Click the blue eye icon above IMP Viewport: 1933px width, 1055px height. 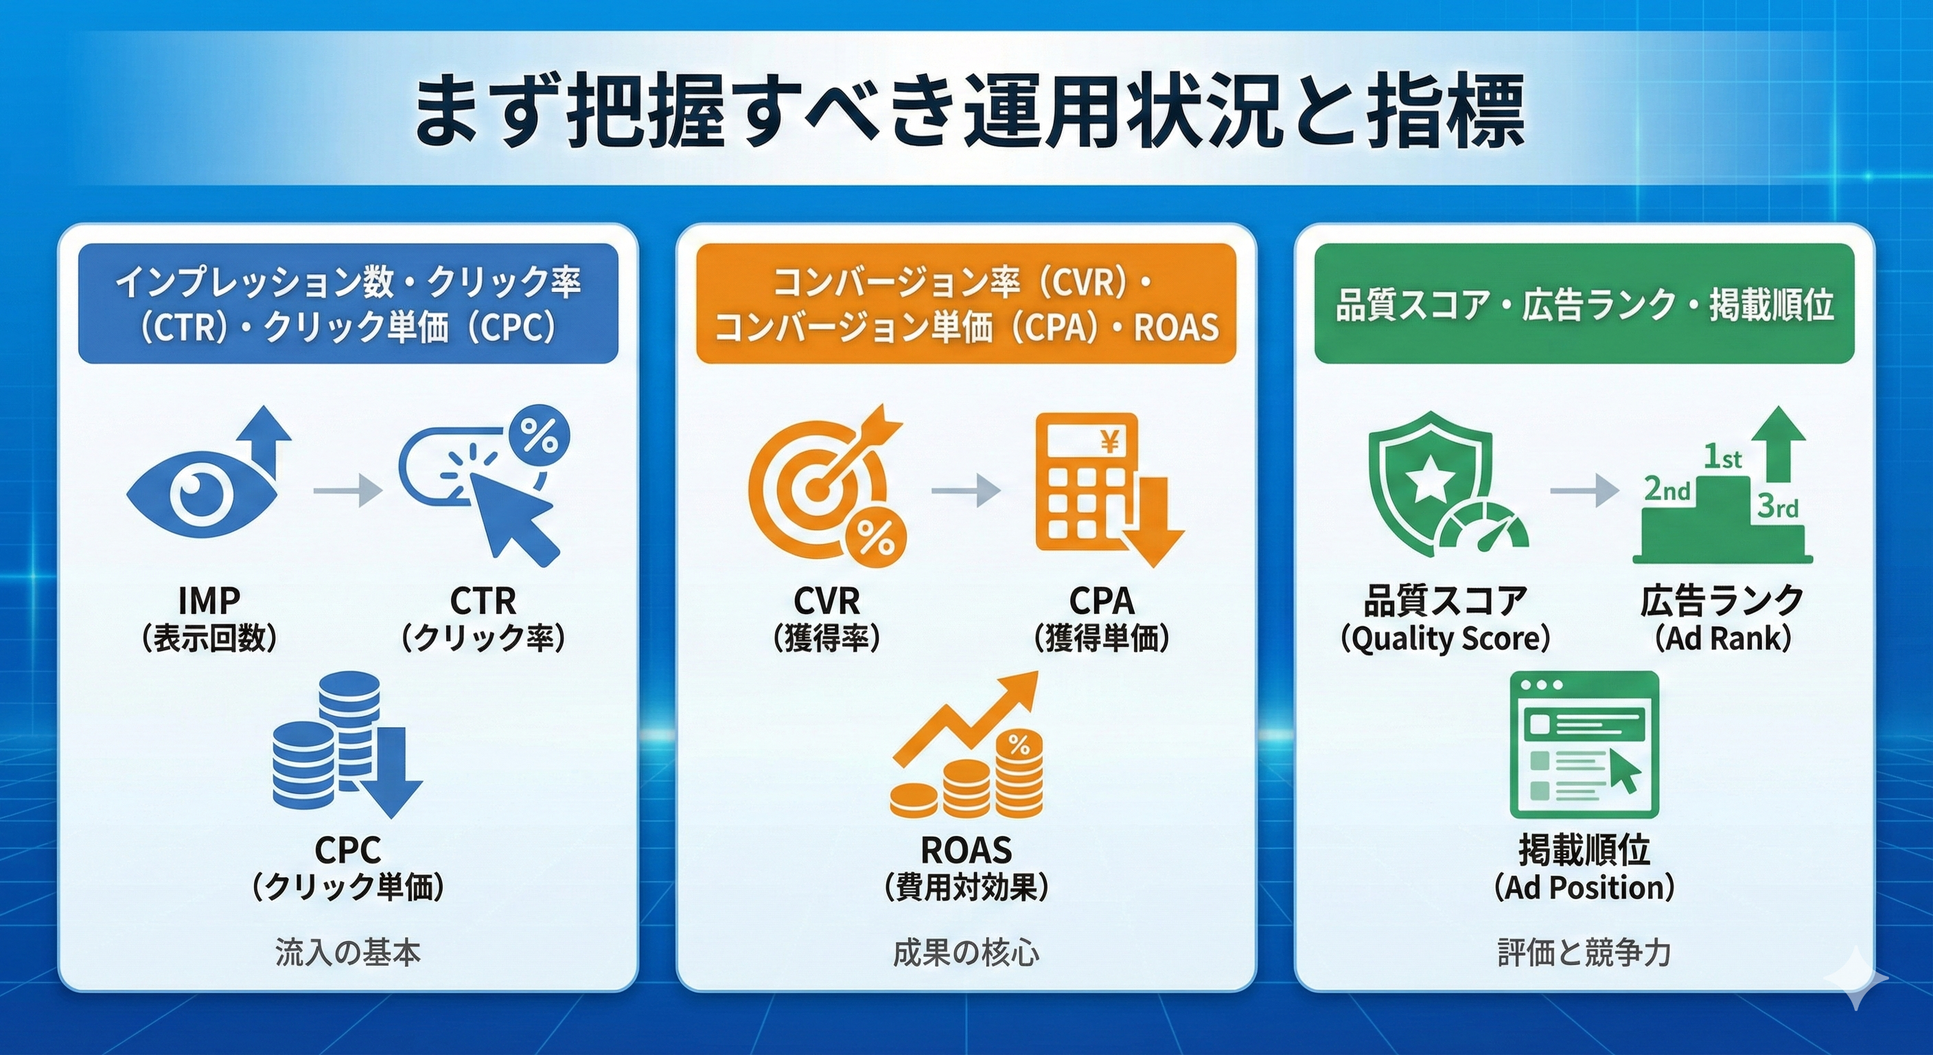coord(202,492)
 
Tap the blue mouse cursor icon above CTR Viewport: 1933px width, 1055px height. coord(518,517)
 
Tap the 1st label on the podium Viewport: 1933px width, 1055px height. coord(1722,457)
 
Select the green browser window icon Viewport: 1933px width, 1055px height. coord(1584,744)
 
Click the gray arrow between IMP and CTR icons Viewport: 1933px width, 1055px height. coord(347,492)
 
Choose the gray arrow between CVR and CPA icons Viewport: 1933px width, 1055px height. coord(966,491)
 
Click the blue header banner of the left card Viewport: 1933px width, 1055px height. coord(348,304)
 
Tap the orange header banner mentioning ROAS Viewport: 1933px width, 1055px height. coord(966,304)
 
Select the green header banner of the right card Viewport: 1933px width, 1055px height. coord(1584,304)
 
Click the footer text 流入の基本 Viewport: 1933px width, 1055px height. coord(347,953)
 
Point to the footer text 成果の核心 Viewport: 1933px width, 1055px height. coord(966,953)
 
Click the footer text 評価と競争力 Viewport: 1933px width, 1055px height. coord(1584,953)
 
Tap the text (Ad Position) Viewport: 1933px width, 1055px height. coord(1584,887)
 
